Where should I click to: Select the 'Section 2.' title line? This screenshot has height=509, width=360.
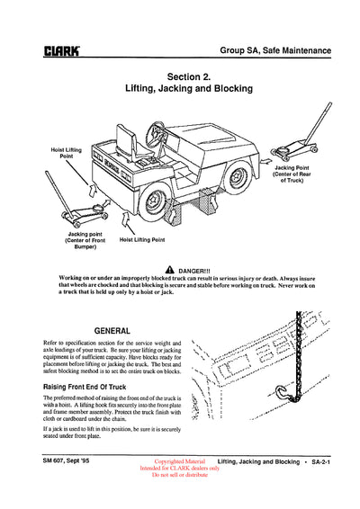pos(189,76)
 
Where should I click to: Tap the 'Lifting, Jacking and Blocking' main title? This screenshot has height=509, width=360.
pos(189,90)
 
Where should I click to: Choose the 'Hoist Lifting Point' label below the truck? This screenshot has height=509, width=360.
pos(142,240)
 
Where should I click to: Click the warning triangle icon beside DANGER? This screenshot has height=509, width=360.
pos(170,271)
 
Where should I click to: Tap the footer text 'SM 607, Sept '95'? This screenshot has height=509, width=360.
pos(70,460)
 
